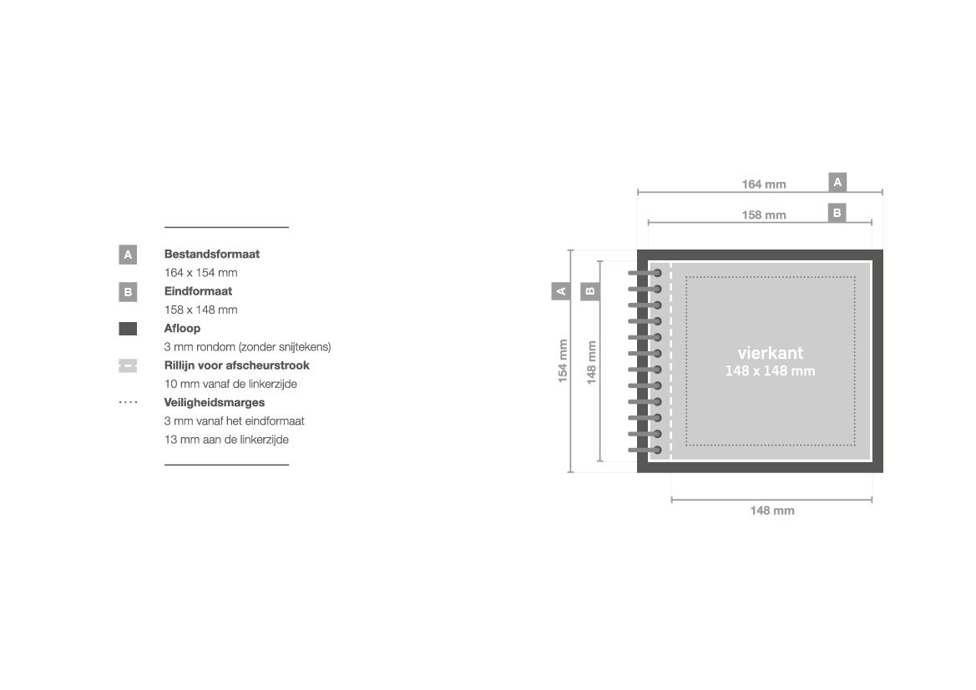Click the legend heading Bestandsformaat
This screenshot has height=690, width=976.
point(211,254)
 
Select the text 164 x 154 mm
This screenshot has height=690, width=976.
point(200,273)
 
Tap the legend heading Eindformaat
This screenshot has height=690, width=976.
point(198,291)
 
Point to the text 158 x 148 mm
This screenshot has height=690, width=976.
point(200,310)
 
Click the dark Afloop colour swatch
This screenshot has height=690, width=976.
point(128,329)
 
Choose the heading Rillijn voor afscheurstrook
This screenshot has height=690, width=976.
point(236,365)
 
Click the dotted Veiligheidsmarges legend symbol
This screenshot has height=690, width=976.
point(128,402)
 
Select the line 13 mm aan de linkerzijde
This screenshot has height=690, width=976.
point(226,439)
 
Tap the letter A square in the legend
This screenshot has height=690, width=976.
point(128,254)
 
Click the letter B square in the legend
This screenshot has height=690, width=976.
point(128,292)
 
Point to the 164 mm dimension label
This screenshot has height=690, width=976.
point(764,184)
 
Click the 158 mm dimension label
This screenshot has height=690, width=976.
point(764,215)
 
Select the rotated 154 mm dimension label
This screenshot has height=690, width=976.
point(563,361)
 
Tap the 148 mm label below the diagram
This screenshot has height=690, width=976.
point(771,511)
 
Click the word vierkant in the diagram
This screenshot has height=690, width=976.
point(770,353)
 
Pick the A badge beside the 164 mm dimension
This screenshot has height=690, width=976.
point(837,182)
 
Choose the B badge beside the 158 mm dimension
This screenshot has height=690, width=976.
point(837,213)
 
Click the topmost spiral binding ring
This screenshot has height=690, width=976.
point(645,273)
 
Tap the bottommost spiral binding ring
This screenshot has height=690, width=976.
point(645,450)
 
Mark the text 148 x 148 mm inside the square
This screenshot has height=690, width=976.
point(770,370)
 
